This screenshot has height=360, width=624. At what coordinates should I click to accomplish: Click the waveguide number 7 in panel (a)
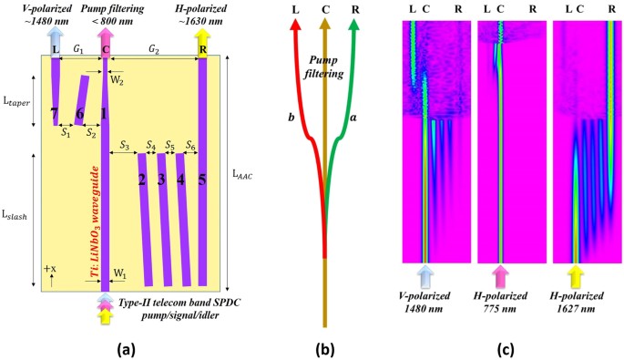[55, 113]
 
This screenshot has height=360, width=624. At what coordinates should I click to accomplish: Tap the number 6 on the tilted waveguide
[80, 113]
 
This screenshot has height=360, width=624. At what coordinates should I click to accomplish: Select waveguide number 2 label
[142, 179]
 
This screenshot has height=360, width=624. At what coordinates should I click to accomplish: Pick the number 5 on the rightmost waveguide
[202, 179]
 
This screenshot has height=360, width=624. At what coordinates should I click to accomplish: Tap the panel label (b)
[324, 347]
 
